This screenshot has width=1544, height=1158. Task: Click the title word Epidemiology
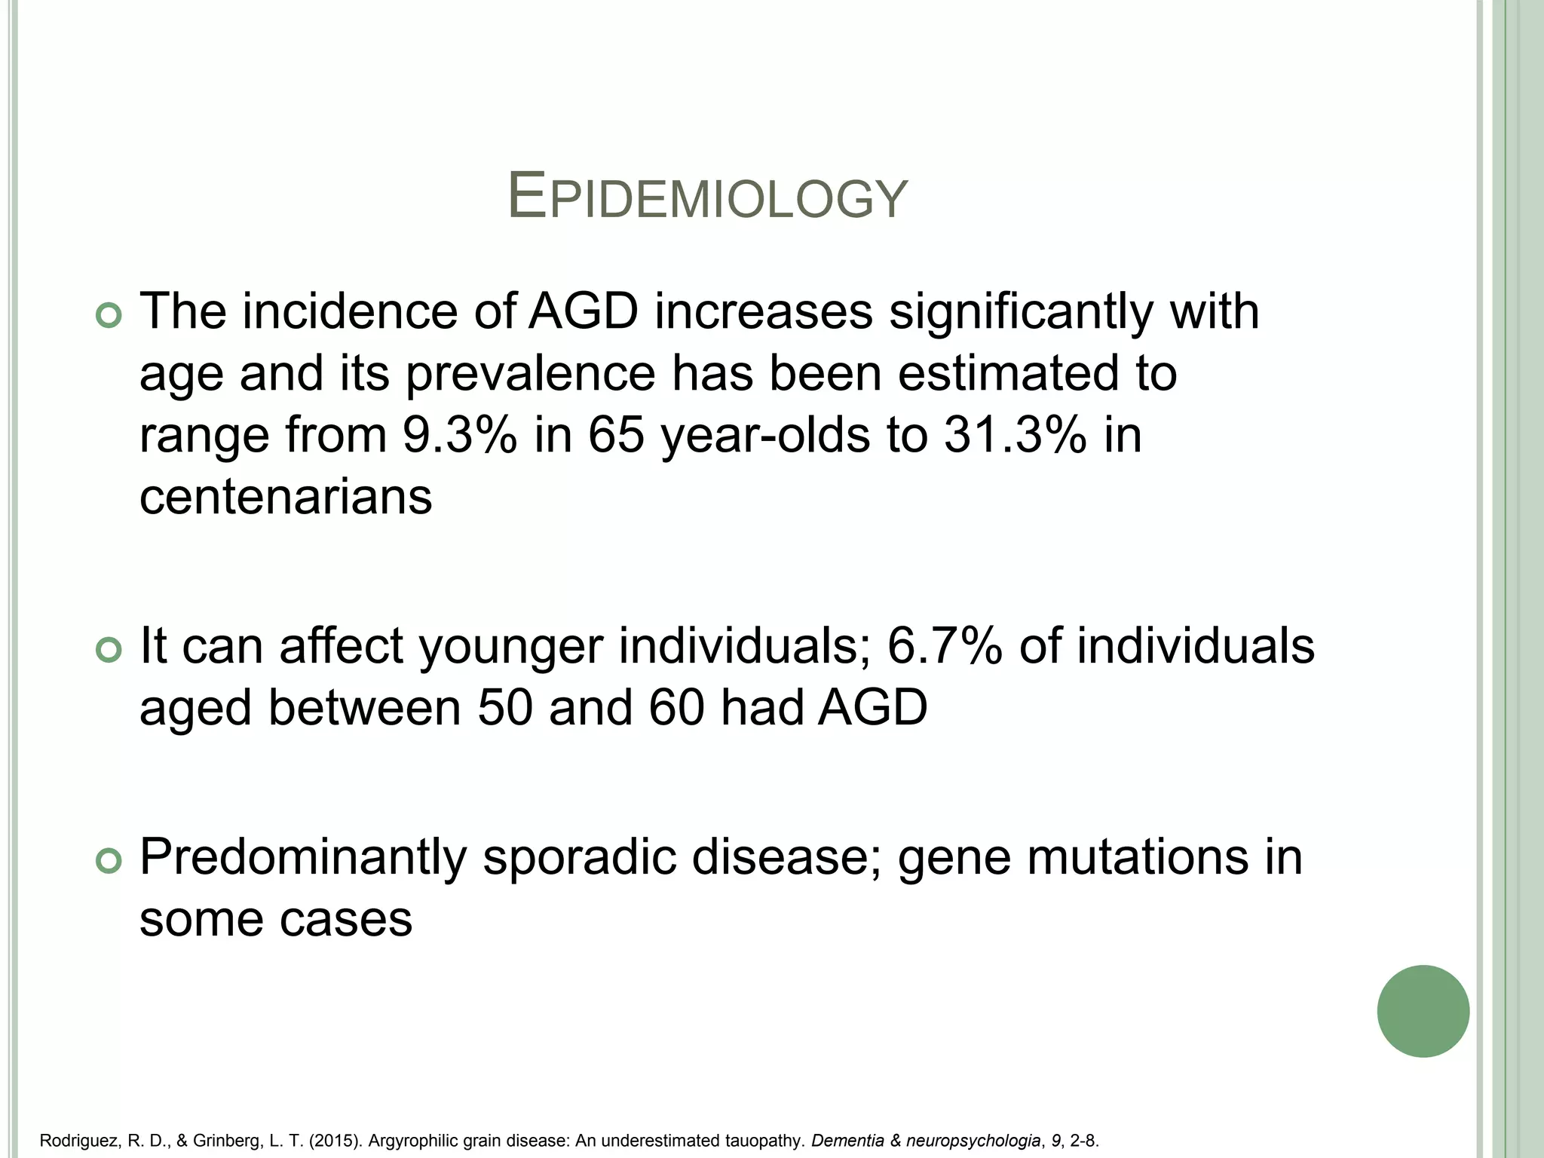click(707, 198)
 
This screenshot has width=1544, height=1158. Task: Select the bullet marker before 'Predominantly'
click(109, 861)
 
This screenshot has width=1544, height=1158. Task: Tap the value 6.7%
click(945, 646)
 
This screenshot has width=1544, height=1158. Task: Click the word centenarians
click(286, 497)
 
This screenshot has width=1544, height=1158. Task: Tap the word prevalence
click(531, 374)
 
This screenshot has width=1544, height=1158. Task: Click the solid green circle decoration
click(1423, 1011)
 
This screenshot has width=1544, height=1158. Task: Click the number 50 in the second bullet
click(505, 709)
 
